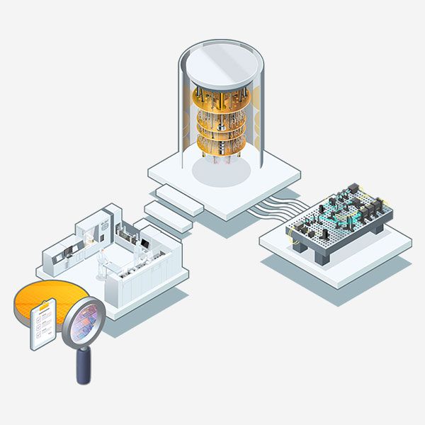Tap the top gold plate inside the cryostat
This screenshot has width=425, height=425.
tap(220, 100)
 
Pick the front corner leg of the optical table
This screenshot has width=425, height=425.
tap(323, 256)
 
